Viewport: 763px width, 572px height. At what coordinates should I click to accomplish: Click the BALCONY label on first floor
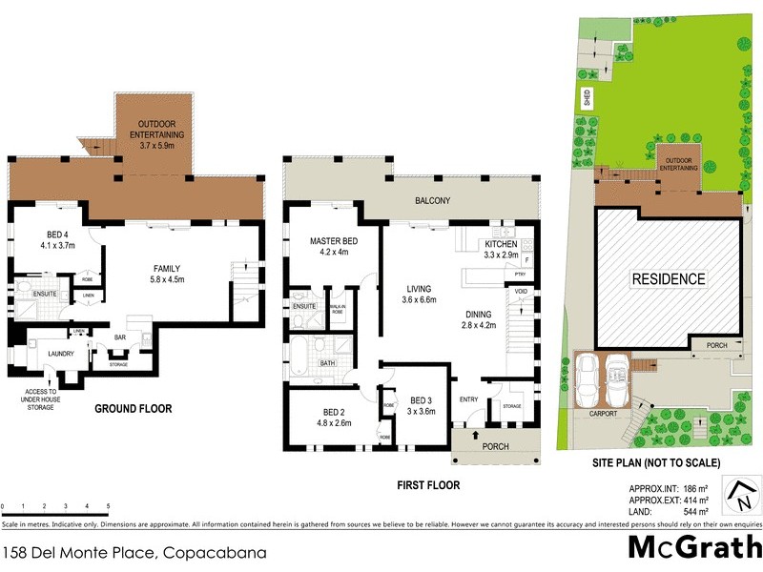click(431, 201)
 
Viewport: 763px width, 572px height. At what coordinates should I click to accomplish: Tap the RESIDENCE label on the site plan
click(668, 279)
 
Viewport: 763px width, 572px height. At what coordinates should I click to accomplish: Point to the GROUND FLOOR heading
click(133, 409)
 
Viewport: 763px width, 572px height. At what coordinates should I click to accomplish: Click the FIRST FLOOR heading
click(428, 485)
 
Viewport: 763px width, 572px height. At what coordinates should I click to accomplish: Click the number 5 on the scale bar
click(108, 505)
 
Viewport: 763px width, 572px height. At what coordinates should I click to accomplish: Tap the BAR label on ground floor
click(121, 337)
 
